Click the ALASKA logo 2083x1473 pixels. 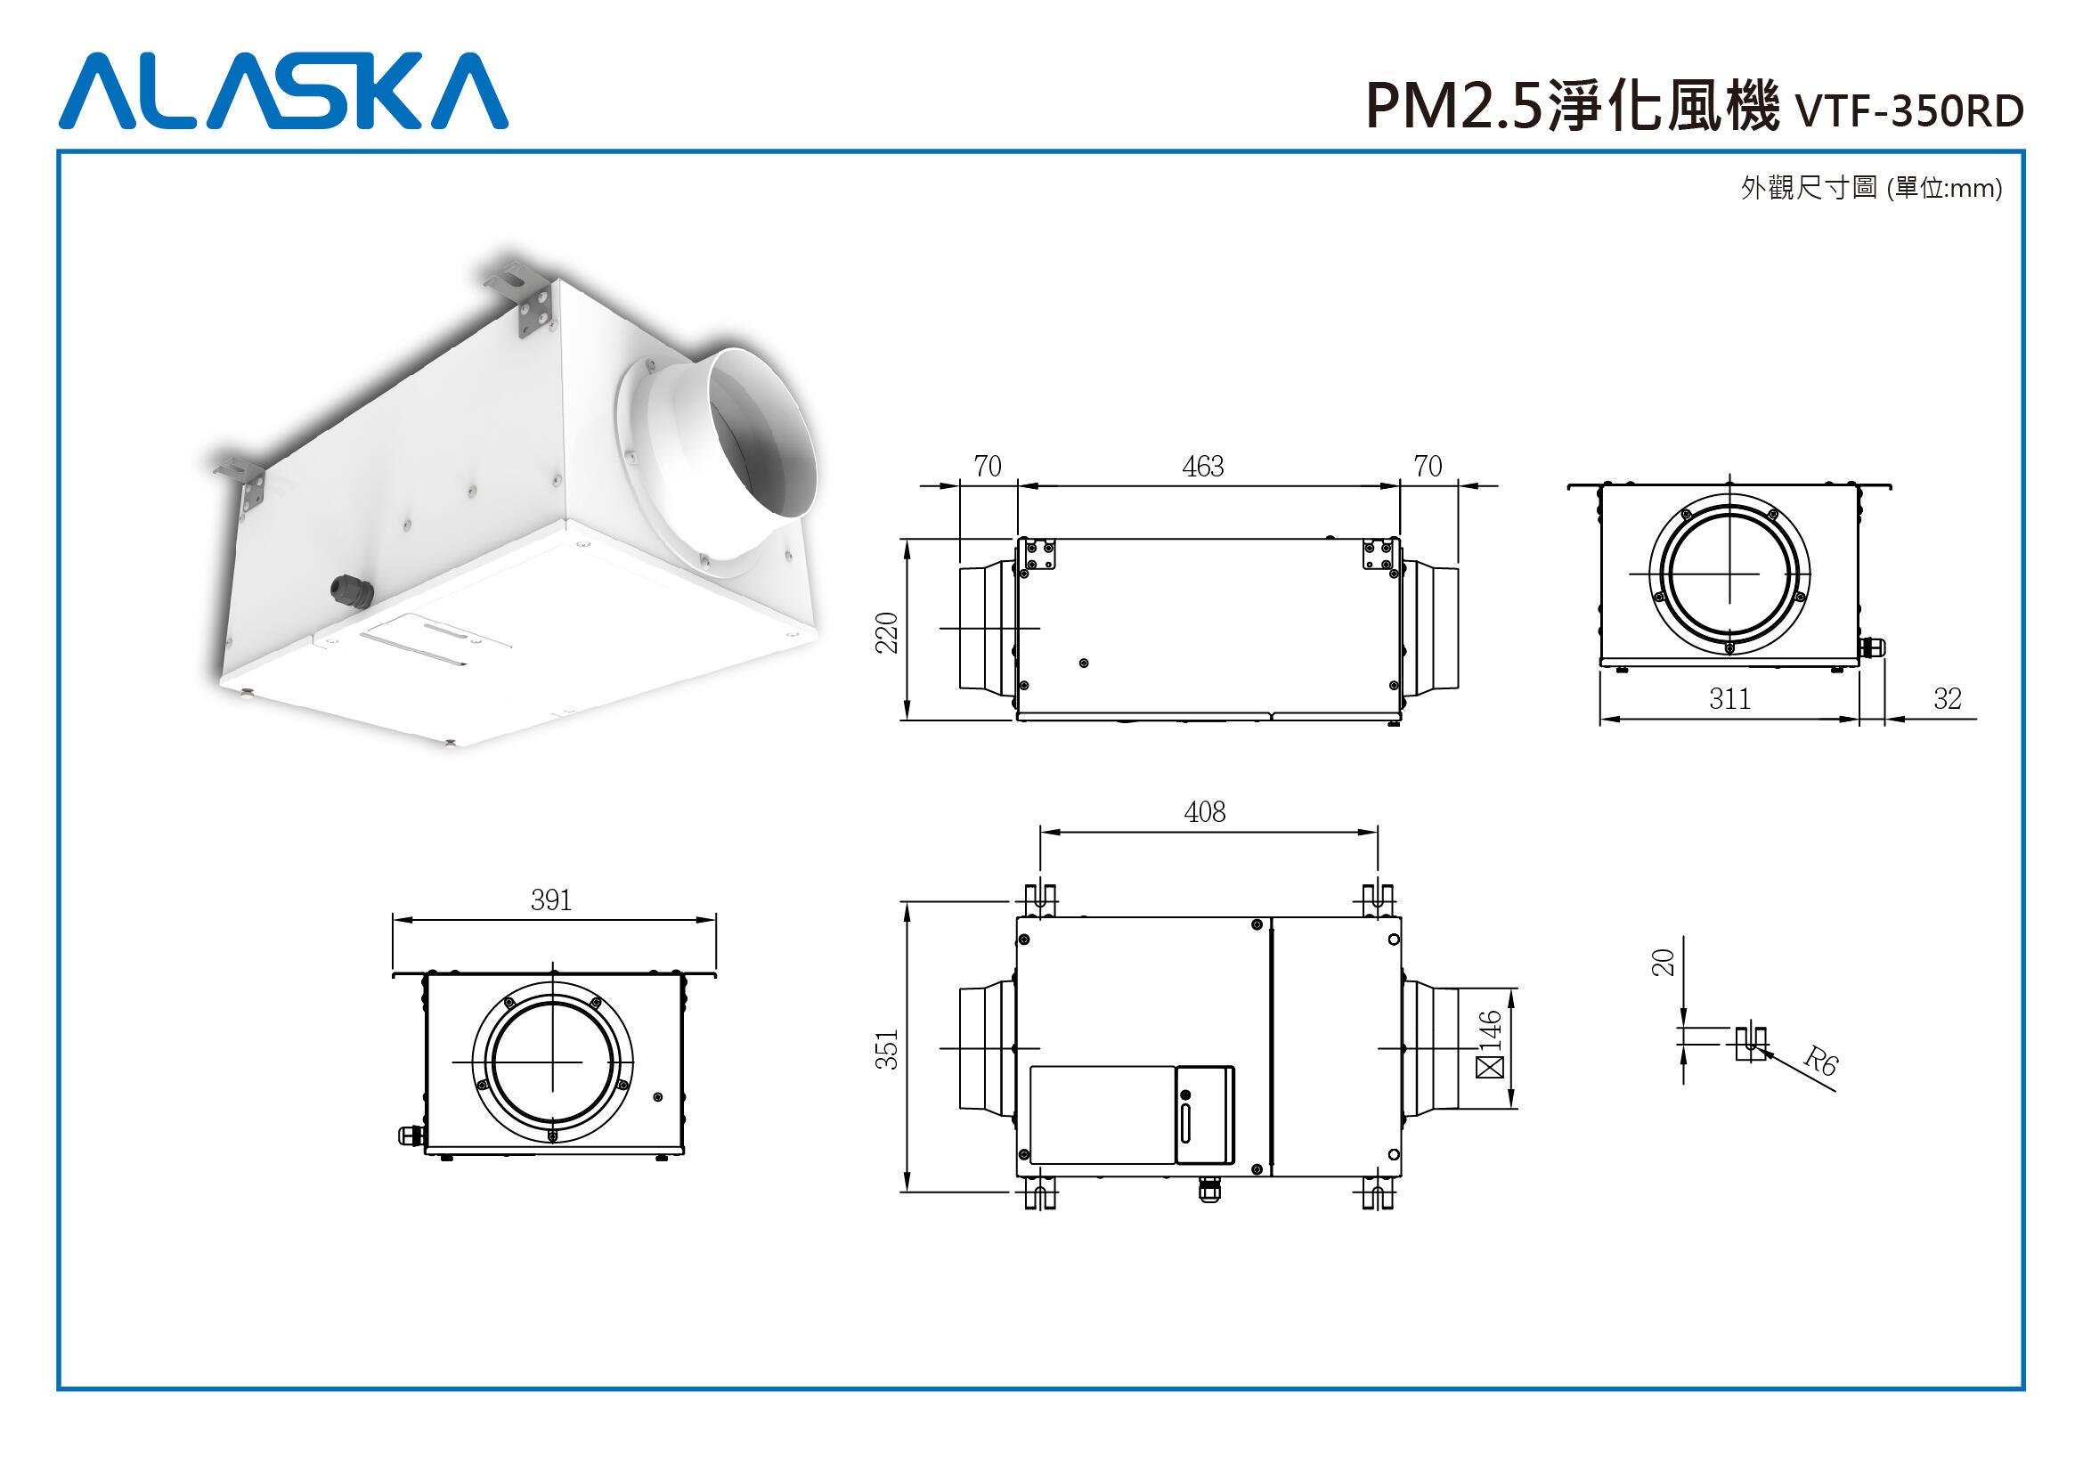(x=283, y=91)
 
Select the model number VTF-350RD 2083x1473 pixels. (x=1909, y=111)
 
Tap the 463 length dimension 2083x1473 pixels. (x=1203, y=466)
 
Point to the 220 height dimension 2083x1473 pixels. (x=886, y=632)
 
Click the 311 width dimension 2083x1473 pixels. (x=1729, y=698)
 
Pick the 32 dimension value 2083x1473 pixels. (x=1947, y=698)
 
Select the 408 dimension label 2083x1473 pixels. (x=1204, y=812)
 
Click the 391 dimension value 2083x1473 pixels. (x=551, y=899)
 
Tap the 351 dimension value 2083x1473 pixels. (x=886, y=1049)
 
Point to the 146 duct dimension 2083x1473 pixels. (x=1490, y=1030)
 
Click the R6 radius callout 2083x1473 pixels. (x=1819, y=1062)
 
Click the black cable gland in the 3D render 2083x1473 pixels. (x=352, y=591)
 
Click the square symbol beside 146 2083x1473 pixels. (x=1490, y=1067)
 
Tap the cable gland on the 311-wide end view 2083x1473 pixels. (x=1871, y=647)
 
